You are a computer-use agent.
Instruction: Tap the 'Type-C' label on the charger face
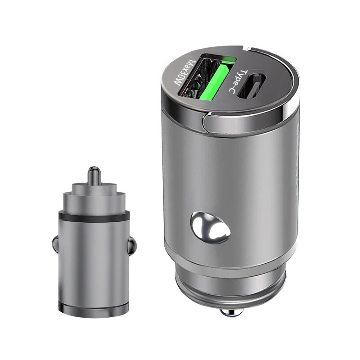(x=238, y=81)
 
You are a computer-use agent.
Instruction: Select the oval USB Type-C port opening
(x=253, y=85)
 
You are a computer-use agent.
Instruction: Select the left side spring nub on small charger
(x=55, y=244)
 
